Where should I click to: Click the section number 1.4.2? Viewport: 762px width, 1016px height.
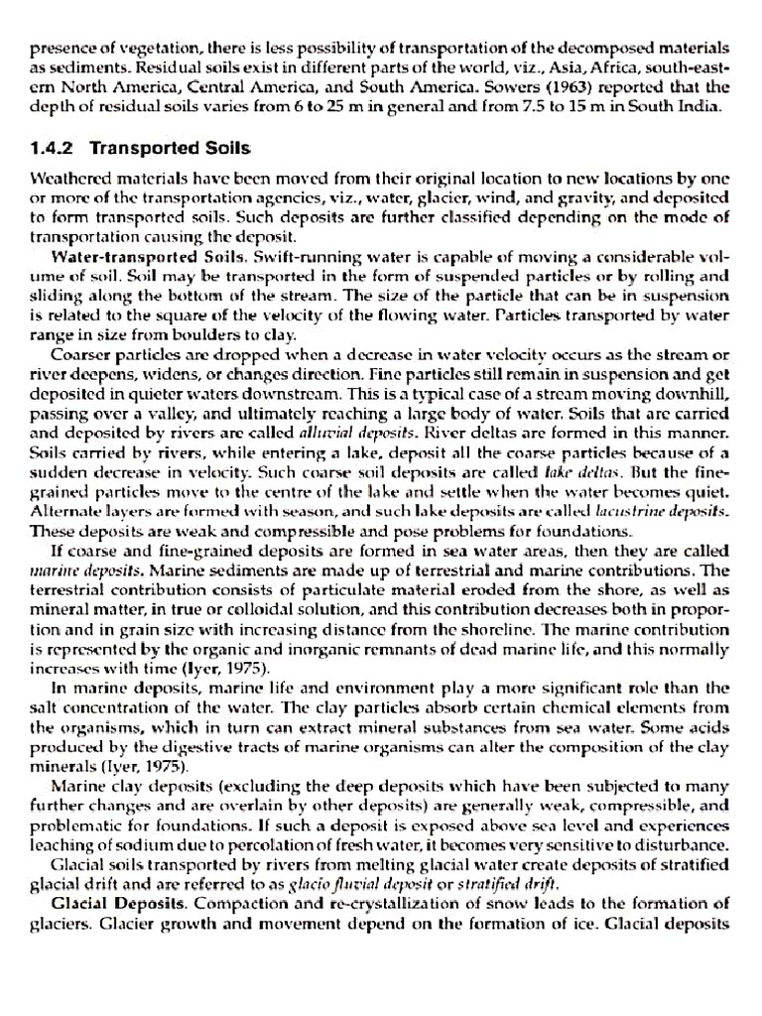pos(54,148)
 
